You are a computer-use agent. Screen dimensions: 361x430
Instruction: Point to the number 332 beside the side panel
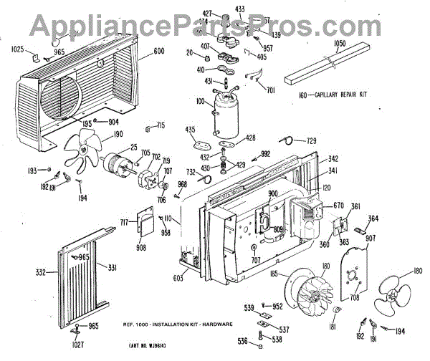[x=42, y=273]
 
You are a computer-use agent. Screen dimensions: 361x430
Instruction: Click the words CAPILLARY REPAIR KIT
[x=343, y=95]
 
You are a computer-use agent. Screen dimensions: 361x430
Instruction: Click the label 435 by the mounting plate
[x=190, y=130]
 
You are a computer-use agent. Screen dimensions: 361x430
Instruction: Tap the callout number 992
[x=265, y=154]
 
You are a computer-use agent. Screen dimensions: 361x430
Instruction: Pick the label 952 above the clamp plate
[x=277, y=305]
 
